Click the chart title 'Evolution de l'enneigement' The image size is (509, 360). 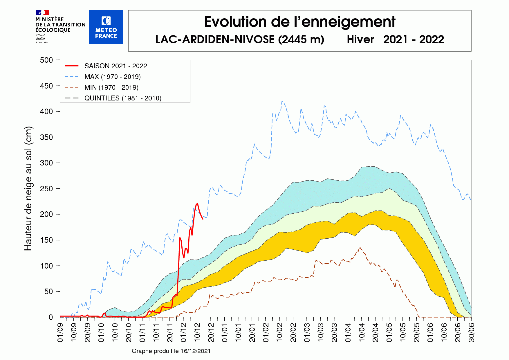coord(299,22)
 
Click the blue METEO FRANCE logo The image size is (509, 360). coord(106,27)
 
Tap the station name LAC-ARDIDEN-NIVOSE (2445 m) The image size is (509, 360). coord(240,39)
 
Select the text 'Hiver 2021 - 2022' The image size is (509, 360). coord(395,39)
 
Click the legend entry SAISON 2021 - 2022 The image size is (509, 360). coord(115,66)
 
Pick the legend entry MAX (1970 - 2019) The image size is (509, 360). coord(112,77)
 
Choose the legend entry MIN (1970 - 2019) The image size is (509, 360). coord(111,87)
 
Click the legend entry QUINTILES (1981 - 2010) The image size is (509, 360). coord(122,98)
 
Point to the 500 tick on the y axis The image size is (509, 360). coord(46,60)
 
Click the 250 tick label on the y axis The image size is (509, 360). coord(46,189)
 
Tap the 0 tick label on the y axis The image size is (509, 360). coord(51,317)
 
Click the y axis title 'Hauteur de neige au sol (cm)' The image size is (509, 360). coord(28,189)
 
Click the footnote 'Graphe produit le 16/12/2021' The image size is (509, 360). coord(171,351)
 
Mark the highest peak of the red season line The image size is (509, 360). coord(197,203)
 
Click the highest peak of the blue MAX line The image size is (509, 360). coord(282,101)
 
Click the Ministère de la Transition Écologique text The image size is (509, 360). coord(60,25)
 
